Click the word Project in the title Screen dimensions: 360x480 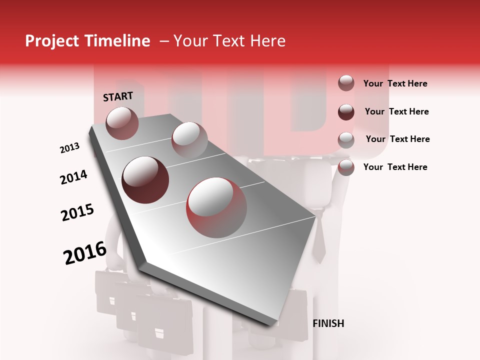click(52, 41)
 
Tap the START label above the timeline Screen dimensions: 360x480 click(118, 96)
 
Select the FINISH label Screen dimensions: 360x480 click(328, 323)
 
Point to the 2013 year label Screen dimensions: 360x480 click(69, 148)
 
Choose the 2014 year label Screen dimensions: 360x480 click(73, 177)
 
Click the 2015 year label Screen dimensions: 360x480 click(77, 212)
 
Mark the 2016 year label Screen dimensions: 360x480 click(85, 253)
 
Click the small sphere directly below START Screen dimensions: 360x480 click(122, 123)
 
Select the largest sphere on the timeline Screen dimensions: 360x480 click(216, 207)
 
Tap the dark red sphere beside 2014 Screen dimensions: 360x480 click(145, 179)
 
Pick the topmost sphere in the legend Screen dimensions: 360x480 click(346, 83)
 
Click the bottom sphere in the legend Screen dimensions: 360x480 click(346, 167)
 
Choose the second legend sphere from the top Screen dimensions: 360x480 click(346, 111)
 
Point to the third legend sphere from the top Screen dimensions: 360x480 click(346, 139)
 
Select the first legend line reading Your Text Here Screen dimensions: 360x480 click(395, 83)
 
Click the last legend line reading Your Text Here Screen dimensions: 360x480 click(395, 167)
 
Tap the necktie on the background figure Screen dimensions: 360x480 click(319, 242)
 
